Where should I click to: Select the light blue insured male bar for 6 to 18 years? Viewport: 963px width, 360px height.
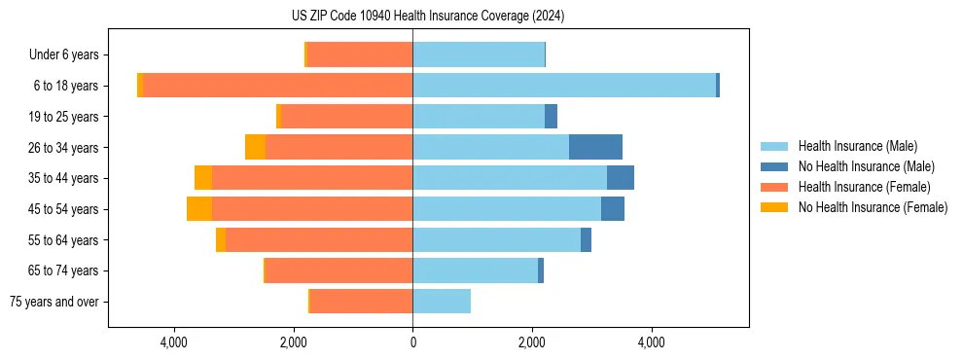(x=564, y=86)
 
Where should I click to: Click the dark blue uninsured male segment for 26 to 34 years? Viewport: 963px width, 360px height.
(x=595, y=147)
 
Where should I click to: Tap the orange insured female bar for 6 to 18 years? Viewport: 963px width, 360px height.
(x=277, y=86)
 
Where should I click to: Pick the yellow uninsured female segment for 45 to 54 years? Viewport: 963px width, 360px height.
(x=199, y=209)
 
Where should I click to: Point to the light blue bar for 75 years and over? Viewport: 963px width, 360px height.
(x=442, y=302)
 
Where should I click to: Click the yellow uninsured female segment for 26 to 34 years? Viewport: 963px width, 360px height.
(x=255, y=147)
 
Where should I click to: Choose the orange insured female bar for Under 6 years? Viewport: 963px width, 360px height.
(x=360, y=54)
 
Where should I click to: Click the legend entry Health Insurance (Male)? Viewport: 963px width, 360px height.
(x=857, y=146)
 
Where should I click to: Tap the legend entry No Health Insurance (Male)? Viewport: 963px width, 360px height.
(x=866, y=166)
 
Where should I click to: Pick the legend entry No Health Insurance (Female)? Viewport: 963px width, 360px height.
(x=873, y=207)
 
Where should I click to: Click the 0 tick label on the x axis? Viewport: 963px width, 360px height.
(x=412, y=342)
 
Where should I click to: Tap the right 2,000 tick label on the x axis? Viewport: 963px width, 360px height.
(x=532, y=342)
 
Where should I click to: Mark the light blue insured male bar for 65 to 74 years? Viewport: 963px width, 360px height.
(x=475, y=270)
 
